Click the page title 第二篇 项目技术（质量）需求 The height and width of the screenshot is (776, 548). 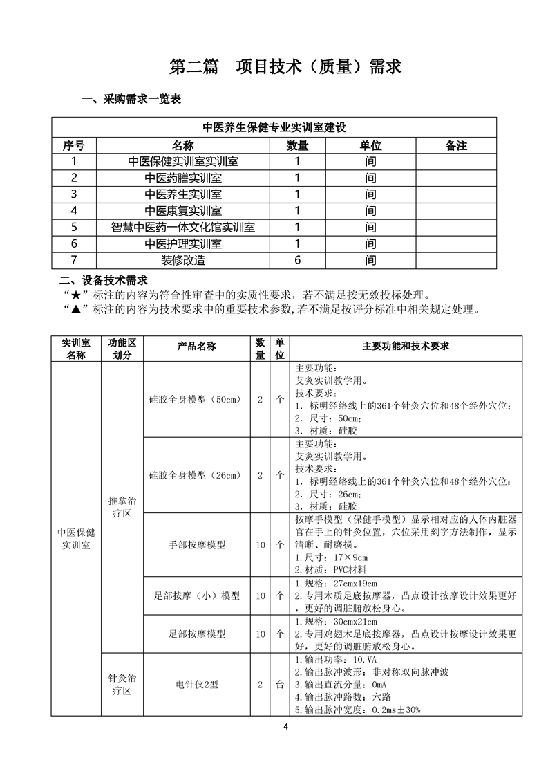tap(285, 66)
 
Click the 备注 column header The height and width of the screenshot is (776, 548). tap(456, 146)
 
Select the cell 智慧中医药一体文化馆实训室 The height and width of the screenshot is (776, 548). tap(183, 227)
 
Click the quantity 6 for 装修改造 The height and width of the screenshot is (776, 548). tap(298, 260)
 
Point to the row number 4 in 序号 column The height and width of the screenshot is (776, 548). tap(74, 210)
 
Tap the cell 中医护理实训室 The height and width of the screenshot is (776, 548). tap(183, 243)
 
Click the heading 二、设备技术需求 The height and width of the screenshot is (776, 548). tap(104, 281)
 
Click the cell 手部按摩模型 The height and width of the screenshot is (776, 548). tap(197, 545)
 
